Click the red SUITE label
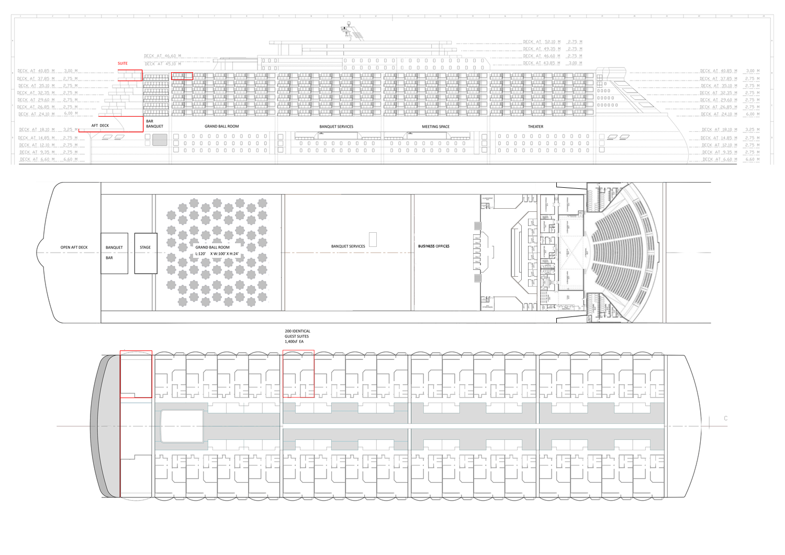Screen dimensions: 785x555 tap(122, 63)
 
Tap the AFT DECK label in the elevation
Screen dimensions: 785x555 tap(100, 126)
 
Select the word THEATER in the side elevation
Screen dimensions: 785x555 tap(535, 127)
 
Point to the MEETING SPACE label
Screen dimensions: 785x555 tap(435, 127)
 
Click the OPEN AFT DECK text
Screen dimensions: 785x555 tap(74, 247)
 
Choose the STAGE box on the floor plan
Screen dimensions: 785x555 tap(145, 254)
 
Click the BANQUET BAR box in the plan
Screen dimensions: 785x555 tap(114, 253)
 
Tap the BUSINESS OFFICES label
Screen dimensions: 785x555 tap(433, 246)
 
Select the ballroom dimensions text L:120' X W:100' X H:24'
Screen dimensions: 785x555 tap(217, 254)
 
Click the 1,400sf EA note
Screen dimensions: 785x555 tap(294, 342)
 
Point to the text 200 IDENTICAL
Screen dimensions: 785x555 tap(297, 331)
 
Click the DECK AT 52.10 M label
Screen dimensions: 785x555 tap(542, 42)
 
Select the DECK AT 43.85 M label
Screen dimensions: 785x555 tap(542, 63)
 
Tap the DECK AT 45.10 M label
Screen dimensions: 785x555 tap(163, 64)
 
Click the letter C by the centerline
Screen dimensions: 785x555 tap(725, 418)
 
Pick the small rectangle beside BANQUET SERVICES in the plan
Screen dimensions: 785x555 tap(373, 240)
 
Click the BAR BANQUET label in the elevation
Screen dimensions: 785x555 tap(154, 123)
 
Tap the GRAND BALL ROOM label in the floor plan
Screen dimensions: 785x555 tap(212, 247)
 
